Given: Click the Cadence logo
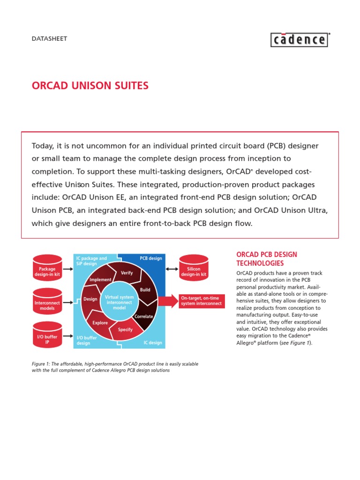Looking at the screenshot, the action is click(x=300, y=40).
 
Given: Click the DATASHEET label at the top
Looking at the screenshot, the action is click(x=49, y=38).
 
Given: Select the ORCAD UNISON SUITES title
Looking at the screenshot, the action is click(x=90, y=85).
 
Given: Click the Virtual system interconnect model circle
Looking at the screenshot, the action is click(x=119, y=303).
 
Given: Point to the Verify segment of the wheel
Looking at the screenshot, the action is click(x=127, y=273).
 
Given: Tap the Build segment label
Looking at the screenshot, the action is click(x=145, y=290).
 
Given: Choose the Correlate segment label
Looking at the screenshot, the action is click(x=144, y=316).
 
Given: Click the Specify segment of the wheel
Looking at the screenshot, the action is click(x=125, y=330).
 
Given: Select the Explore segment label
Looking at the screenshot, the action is click(x=100, y=323).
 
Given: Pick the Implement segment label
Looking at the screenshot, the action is click(x=100, y=280).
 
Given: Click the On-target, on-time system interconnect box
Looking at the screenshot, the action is click(x=201, y=301).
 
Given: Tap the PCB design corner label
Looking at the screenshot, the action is click(x=151, y=258).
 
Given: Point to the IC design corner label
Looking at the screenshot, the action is click(x=153, y=343).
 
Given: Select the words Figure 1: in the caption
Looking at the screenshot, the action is click(x=41, y=364).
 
